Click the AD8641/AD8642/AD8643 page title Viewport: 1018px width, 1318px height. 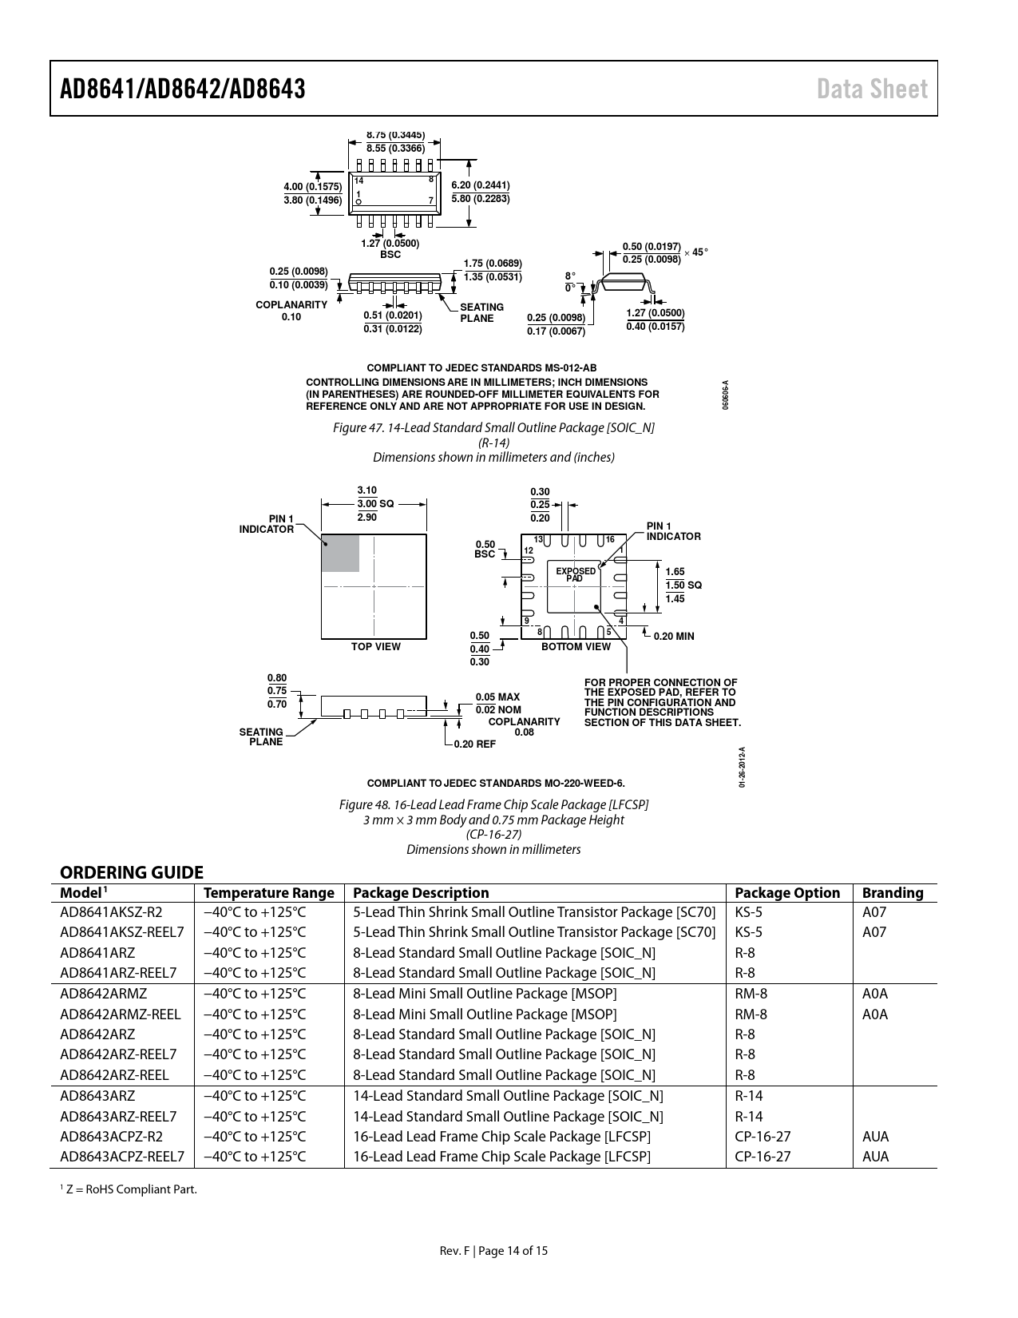[183, 89]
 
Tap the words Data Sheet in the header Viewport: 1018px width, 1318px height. [872, 89]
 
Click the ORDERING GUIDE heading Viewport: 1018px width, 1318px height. [132, 872]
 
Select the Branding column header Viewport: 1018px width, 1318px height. [893, 893]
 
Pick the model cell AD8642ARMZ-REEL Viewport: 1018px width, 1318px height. [120, 1014]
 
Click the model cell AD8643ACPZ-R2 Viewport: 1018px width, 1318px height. [112, 1136]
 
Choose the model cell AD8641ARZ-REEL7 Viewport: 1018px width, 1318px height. [118, 973]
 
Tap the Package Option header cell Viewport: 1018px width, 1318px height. [787, 893]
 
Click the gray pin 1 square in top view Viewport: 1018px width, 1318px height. [340, 553]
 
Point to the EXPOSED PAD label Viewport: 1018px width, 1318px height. [576, 574]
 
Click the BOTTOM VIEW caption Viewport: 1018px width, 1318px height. [576, 646]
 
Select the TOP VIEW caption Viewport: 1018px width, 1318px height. [376, 646]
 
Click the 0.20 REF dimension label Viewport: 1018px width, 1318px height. [475, 744]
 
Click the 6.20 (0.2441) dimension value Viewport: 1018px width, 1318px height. [480, 185]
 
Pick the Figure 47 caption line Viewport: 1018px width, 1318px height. [493, 427]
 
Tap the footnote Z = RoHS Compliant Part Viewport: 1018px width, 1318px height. [129, 1189]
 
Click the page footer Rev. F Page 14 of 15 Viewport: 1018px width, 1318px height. [493, 1251]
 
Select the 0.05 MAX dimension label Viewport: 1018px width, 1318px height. [497, 697]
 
